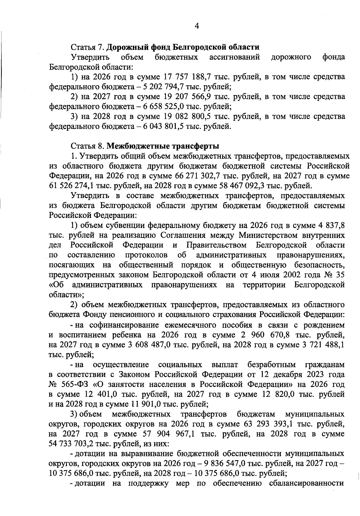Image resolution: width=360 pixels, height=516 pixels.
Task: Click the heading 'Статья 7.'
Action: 87,47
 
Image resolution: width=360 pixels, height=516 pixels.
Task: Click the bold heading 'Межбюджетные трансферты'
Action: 163,146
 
